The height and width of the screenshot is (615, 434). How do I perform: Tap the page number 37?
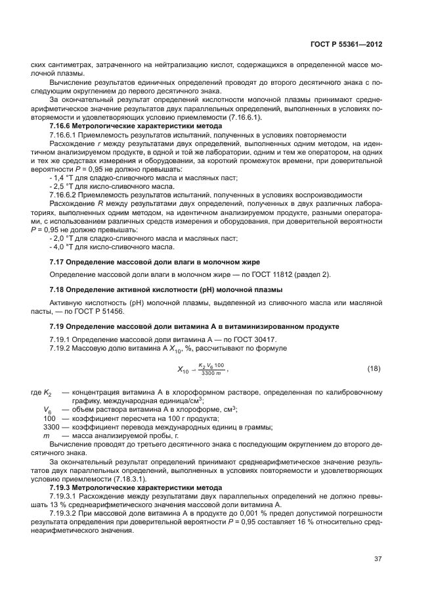pyautogui.click(x=378, y=559)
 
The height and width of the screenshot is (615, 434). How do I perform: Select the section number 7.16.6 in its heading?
pyautogui.click(x=64, y=125)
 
